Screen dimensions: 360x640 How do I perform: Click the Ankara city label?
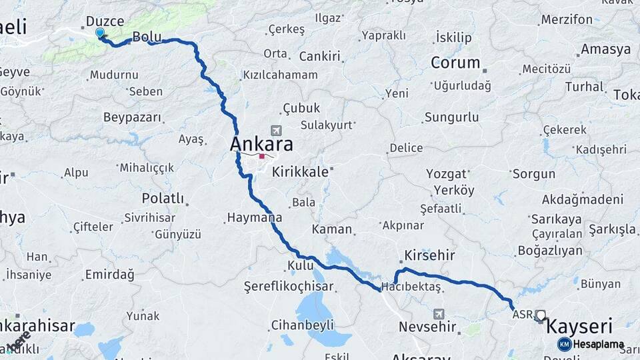261,144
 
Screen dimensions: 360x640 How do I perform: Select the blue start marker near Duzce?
100,33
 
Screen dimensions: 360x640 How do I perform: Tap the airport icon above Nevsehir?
439,313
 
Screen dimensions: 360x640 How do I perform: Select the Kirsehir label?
429,255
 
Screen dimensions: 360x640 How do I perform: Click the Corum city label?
455,63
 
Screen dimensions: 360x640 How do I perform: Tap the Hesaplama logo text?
599,344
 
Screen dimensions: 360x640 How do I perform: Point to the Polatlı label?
163,199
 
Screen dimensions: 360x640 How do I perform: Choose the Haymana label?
254,217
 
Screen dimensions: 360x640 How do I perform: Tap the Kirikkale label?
300,171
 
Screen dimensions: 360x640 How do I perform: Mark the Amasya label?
605,49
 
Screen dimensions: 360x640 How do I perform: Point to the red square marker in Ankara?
263,157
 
